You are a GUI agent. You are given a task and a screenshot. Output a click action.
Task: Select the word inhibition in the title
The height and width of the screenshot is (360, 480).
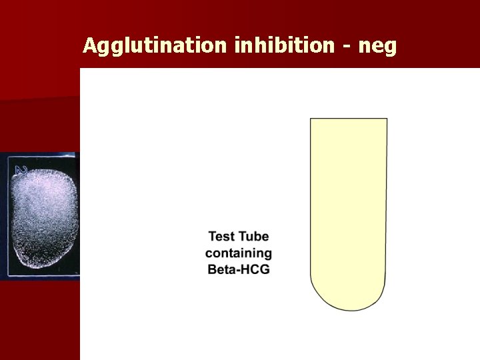284,45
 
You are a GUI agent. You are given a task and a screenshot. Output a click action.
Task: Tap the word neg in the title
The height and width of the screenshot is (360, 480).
377,47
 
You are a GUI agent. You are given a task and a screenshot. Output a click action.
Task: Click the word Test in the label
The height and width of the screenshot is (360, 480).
221,237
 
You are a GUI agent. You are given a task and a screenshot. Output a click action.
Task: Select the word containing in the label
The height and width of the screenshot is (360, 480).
239,254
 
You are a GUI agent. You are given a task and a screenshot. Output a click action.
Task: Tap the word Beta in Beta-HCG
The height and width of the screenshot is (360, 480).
220,270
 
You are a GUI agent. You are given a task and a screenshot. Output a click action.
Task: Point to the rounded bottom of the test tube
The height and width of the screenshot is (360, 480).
349,300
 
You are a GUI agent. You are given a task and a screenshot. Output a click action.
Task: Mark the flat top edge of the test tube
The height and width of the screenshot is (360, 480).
349,119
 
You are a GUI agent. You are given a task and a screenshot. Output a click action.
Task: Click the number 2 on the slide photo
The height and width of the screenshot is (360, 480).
21,170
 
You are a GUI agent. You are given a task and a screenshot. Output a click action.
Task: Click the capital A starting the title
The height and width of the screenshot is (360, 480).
90,45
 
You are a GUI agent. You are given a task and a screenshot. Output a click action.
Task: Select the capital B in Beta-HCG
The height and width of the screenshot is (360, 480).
211,270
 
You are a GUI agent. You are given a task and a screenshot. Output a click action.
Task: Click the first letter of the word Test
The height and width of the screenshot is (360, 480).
212,237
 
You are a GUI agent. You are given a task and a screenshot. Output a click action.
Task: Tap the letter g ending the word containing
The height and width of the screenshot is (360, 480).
268,255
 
